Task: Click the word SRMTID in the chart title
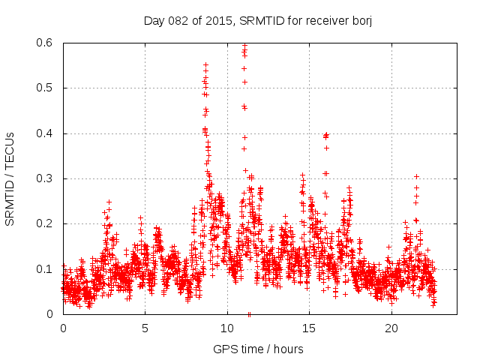(x=262, y=20)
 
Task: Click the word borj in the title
(x=361, y=20)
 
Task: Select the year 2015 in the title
(x=219, y=20)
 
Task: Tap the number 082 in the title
(x=181, y=20)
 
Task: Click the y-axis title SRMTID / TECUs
(x=10, y=178)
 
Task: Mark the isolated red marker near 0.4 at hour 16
(x=325, y=136)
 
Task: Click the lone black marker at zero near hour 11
(x=249, y=313)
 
